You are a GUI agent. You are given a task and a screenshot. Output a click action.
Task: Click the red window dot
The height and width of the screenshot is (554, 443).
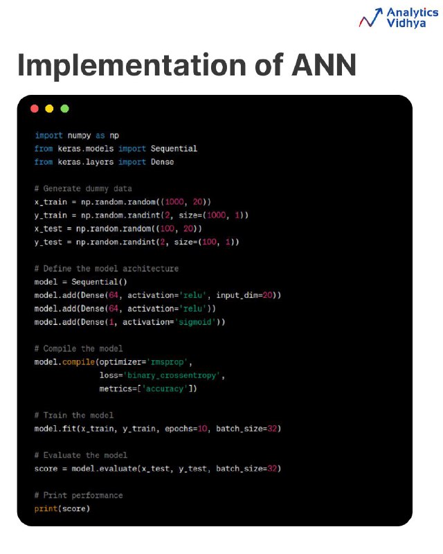coord(35,109)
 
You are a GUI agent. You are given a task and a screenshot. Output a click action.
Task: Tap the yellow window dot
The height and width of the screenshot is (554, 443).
coord(49,109)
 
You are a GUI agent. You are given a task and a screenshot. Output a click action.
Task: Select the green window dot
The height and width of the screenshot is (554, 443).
coord(64,109)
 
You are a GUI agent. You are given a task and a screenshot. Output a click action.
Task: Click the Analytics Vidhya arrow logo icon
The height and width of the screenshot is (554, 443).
coord(370,18)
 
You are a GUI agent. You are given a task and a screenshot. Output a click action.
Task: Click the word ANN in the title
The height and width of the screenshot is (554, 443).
coord(323,65)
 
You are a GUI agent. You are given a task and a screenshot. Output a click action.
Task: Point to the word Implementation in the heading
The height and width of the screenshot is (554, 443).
coord(132,66)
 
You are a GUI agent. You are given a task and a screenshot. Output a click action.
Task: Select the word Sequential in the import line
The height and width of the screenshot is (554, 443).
coord(174,149)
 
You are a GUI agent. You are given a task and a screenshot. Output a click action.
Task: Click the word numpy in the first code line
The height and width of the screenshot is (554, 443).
coord(79,136)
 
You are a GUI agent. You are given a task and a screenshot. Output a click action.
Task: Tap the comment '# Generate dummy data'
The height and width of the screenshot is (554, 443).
coord(83,188)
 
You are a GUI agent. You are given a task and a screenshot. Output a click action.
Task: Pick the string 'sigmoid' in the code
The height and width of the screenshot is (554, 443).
coord(195,322)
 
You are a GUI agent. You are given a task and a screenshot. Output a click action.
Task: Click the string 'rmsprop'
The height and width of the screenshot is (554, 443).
coord(167,362)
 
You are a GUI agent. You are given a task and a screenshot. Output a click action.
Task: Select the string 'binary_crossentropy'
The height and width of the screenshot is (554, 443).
coord(172,375)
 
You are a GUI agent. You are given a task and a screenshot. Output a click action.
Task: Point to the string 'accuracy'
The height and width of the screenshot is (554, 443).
coord(165,388)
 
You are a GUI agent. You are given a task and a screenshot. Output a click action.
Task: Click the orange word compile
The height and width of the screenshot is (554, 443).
coord(78,362)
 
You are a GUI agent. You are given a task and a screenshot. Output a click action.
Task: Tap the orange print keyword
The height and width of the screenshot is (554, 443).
coord(46,509)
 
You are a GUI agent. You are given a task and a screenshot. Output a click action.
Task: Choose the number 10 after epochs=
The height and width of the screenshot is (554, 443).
coord(202,429)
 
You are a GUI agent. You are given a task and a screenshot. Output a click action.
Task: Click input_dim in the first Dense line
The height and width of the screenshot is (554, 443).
coord(237,296)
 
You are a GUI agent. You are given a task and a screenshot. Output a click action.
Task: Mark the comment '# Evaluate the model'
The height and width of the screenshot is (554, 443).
coord(80,456)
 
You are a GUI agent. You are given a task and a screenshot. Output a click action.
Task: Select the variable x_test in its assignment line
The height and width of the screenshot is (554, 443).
coord(48,229)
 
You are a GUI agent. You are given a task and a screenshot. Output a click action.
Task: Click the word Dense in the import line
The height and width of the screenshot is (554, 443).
coord(162,162)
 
